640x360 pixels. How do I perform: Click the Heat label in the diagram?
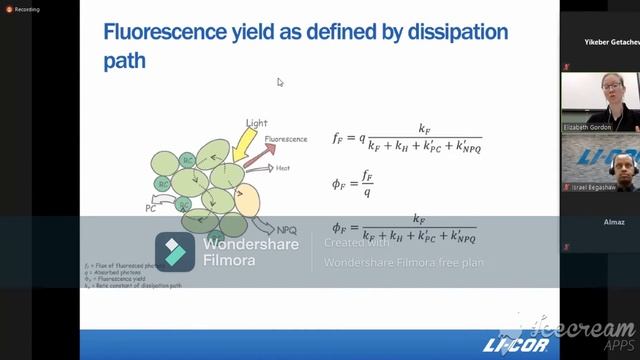tap(283, 168)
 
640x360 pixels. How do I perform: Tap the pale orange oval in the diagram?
tap(246, 200)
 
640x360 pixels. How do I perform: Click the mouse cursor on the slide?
tap(281, 83)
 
